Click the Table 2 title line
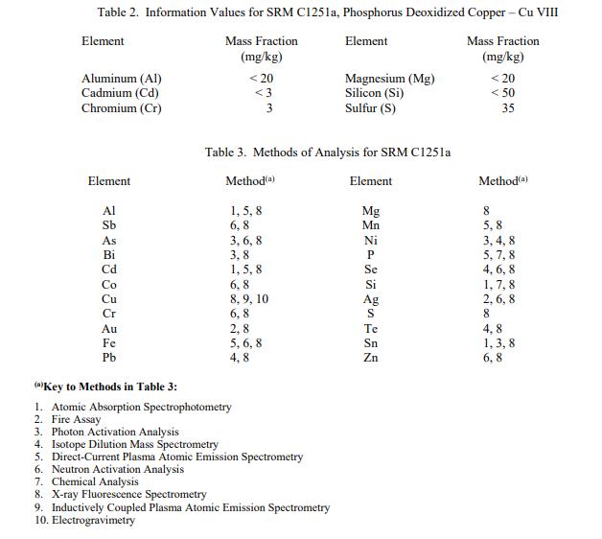(328, 12)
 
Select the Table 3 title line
(328, 152)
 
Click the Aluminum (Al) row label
(122, 79)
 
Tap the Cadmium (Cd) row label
(121, 93)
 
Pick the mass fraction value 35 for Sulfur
(507, 108)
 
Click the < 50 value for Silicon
(502, 93)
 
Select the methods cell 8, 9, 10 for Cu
(249, 299)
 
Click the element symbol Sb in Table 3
(109, 225)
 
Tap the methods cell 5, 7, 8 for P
(498, 255)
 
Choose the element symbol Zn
(371, 358)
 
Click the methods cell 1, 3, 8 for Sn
(498, 342)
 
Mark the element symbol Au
(109, 328)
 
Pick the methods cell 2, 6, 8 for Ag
(498, 299)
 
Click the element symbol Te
(371, 328)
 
